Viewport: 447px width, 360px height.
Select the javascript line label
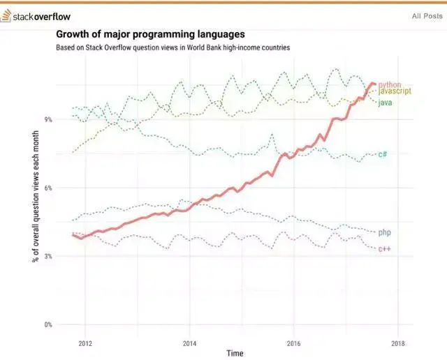394,91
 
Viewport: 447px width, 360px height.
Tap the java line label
385,103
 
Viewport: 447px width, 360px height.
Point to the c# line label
383,153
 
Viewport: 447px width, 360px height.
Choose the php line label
384,232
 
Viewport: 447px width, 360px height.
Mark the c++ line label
384,249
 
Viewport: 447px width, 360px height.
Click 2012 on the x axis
85,343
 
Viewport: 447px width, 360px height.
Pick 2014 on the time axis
189,343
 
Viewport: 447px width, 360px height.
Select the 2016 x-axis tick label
293,343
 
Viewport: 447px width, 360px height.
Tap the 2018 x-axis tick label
397,343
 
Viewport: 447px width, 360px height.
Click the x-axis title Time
235,354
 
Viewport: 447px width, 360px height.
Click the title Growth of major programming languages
150,33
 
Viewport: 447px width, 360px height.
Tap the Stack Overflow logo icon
8,15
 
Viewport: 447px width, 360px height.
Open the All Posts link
426,16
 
